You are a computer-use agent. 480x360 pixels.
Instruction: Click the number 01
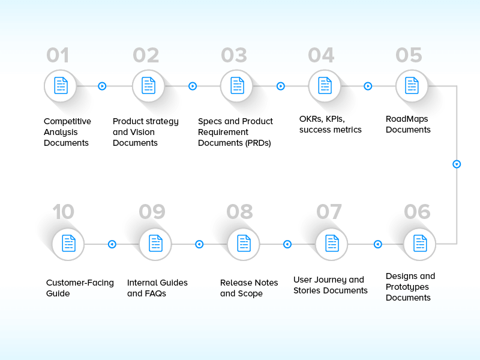[58, 55]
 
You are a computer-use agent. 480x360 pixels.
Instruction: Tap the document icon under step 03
[236, 86]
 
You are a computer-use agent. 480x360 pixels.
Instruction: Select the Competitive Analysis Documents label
[67, 132]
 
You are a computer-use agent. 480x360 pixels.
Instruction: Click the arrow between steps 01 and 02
[102, 86]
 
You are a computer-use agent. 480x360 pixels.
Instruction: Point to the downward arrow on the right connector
[457, 164]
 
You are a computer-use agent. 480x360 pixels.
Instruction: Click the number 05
[409, 55]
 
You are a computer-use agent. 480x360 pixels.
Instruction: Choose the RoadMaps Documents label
[408, 124]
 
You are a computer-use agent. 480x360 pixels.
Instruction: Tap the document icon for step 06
[420, 244]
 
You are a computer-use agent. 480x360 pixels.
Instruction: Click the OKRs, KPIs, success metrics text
[330, 124]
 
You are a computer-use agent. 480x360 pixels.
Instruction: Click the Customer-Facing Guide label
[80, 288]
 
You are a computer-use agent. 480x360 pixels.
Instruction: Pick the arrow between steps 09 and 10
[112, 244]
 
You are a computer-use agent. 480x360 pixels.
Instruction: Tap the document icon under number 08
[244, 244]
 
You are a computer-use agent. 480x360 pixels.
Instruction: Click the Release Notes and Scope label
[249, 288]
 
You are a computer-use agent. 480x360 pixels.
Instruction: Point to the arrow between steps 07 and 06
[377, 244]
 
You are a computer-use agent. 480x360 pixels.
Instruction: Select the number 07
[329, 212]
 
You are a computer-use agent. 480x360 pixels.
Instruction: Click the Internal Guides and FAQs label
[157, 288]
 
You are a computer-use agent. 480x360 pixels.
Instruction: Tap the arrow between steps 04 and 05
[368, 86]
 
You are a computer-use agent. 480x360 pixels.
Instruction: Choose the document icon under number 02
[148, 86]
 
